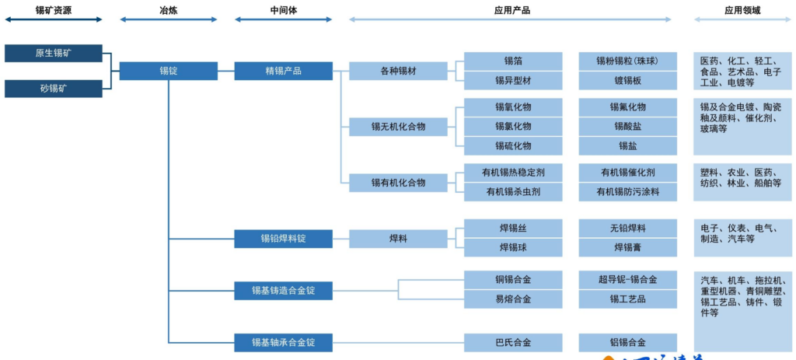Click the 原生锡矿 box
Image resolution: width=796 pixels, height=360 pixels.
[53, 54]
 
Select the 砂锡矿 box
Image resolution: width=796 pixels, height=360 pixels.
[53, 88]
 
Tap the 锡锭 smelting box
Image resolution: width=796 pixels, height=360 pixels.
[168, 71]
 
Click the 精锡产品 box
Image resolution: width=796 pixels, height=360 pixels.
[283, 71]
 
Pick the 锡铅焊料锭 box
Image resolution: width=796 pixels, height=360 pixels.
[283, 239]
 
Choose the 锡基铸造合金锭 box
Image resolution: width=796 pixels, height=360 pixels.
[283, 292]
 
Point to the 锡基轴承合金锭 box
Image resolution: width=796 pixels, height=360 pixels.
[283, 342]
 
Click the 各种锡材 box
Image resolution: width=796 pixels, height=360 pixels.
[398, 71]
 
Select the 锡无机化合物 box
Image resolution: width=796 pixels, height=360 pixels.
[398, 126]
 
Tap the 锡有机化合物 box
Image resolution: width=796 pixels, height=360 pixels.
[398, 183]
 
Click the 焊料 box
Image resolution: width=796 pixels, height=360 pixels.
[398, 239]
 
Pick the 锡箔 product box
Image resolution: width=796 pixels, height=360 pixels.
[513, 61]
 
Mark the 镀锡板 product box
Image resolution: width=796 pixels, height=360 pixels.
[627, 80]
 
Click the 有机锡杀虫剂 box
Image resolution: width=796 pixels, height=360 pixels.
[513, 191]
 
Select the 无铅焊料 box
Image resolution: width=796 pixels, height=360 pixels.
[627, 228]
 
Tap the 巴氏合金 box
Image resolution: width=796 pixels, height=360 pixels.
[513, 342]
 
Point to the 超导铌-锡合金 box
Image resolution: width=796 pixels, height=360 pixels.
[627, 280]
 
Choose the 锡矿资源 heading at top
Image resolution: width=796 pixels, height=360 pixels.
[53, 9]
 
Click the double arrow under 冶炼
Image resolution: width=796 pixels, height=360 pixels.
[168, 20]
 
